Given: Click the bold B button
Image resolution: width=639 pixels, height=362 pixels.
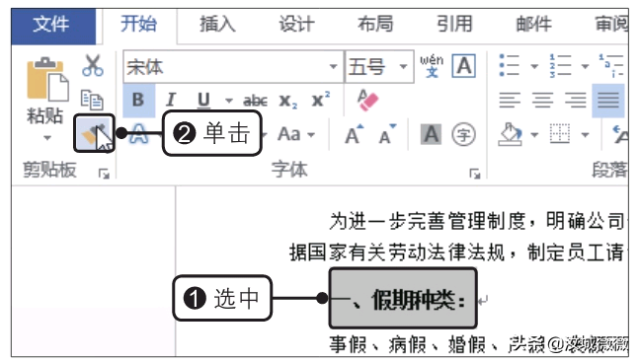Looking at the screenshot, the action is pos(137,101).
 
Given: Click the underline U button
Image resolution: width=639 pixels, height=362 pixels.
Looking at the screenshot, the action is pos(203,101).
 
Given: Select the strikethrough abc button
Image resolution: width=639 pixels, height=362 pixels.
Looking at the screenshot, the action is pos(255,101).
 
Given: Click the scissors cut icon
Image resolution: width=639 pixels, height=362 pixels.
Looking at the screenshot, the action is pos(93,66).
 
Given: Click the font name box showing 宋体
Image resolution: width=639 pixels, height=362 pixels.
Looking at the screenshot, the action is pos(226,67).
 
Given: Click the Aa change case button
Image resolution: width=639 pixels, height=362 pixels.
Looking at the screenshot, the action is pos(290,133).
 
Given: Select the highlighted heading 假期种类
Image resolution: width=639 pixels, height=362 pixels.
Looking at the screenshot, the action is pos(403,300).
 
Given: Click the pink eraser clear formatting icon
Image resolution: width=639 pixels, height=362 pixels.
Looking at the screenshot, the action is pos(368,101).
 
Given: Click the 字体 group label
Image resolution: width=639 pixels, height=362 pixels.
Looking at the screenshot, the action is pos(290,171).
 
